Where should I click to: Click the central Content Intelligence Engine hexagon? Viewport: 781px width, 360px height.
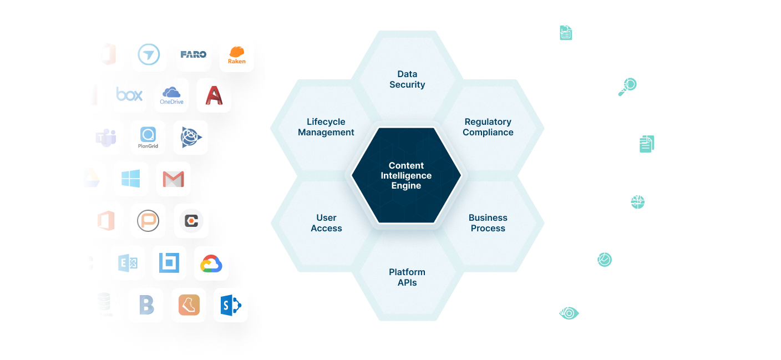406,175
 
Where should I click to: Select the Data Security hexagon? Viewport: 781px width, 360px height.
407,79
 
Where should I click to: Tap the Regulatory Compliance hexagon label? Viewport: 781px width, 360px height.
488,127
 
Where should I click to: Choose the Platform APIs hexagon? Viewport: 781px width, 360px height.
407,277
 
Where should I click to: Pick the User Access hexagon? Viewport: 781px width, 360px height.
326,223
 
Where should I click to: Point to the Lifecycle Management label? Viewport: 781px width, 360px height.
326,127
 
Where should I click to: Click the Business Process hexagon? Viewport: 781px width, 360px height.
488,223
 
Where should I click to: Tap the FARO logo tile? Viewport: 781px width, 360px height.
194,54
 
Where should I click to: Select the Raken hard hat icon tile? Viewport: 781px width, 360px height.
237,54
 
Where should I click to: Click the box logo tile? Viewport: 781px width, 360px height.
129,95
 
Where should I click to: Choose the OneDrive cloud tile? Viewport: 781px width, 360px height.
171,95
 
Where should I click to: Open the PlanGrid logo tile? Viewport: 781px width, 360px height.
148,137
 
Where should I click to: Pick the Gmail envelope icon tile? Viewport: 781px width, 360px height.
173,179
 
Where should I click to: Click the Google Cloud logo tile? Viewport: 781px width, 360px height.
211,263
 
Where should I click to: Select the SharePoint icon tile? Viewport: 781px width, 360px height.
230,305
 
